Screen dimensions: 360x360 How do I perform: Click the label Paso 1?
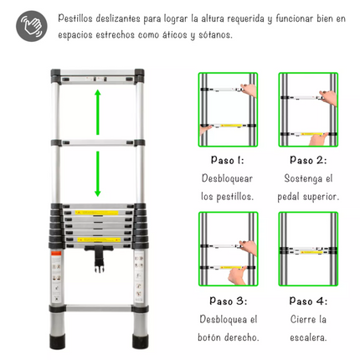(x=227, y=161)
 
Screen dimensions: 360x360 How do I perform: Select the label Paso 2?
(x=307, y=161)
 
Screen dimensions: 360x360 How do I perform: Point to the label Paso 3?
(x=227, y=301)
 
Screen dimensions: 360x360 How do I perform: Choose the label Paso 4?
(x=307, y=301)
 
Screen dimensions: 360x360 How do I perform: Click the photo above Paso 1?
(x=227, y=110)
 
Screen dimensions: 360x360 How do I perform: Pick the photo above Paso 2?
(x=307, y=110)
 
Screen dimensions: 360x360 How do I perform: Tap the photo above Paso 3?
(x=227, y=249)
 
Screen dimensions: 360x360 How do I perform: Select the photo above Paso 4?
(x=307, y=249)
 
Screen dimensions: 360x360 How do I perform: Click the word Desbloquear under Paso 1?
(x=227, y=179)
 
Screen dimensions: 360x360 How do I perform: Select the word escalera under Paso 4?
(x=307, y=337)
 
